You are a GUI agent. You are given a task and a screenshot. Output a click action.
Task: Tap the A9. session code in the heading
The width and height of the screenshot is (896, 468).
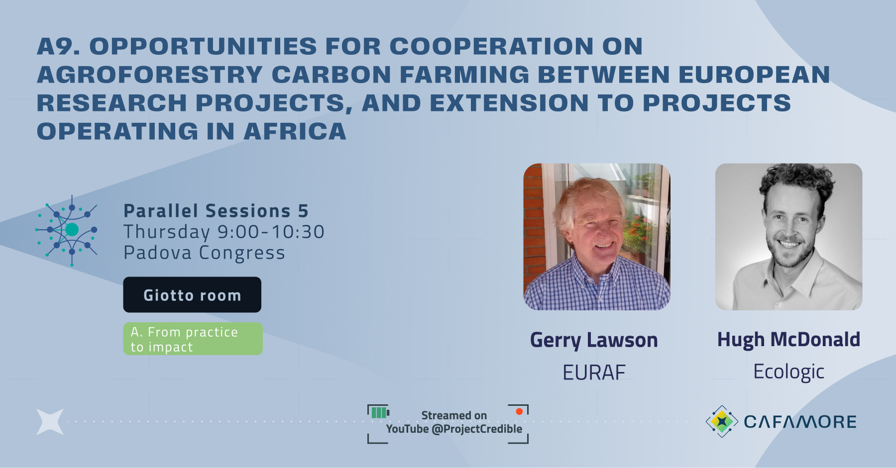[58, 46]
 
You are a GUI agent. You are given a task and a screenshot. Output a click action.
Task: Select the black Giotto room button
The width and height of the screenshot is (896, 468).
[192, 295]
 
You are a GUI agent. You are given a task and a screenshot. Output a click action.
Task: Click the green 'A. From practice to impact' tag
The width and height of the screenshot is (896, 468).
[193, 339]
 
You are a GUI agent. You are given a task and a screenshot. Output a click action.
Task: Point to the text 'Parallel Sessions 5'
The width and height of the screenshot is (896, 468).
[216, 211]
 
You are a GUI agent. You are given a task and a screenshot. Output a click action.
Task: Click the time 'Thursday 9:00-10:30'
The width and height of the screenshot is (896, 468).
[224, 232]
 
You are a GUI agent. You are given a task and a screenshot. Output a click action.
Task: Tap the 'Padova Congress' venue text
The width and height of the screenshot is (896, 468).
[204, 253]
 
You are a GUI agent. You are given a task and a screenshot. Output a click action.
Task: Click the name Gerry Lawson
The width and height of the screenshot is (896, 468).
[594, 340]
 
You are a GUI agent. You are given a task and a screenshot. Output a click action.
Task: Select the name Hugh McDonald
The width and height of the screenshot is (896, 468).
[788, 340]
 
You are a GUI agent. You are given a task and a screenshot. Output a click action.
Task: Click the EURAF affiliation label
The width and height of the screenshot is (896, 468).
[594, 373]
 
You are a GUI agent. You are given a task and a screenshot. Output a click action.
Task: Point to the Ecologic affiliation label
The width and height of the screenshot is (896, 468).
[788, 372]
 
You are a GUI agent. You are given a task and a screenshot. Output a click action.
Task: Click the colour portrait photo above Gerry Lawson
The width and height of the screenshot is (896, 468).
[596, 237]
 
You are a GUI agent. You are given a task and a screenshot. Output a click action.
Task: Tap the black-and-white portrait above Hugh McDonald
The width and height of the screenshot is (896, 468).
[788, 237]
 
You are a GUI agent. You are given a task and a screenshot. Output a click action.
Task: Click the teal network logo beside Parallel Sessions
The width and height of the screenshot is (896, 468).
[68, 230]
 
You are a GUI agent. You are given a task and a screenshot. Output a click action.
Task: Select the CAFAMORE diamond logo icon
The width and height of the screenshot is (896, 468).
[722, 421]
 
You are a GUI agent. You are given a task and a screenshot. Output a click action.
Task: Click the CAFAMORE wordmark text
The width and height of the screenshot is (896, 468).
[800, 422]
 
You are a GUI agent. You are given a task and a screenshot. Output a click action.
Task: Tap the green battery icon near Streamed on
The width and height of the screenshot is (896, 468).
[379, 412]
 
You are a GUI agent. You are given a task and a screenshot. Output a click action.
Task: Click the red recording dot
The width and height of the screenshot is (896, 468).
[519, 411]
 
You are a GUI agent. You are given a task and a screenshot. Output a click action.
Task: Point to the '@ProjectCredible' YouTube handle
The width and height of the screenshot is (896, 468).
[477, 429]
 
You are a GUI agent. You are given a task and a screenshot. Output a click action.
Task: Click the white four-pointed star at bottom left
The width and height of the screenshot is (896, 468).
[50, 422]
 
